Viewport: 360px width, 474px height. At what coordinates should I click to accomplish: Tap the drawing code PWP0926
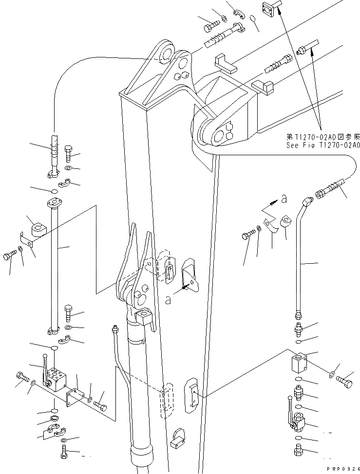pyautogui.click(x=341, y=469)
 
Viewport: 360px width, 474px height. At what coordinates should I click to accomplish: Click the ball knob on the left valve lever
pyautogui.click(x=45, y=357)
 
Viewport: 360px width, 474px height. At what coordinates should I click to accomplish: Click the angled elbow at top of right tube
pyautogui.click(x=306, y=201)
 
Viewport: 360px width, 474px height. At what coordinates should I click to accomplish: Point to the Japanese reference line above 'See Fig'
pyautogui.click(x=323, y=137)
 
